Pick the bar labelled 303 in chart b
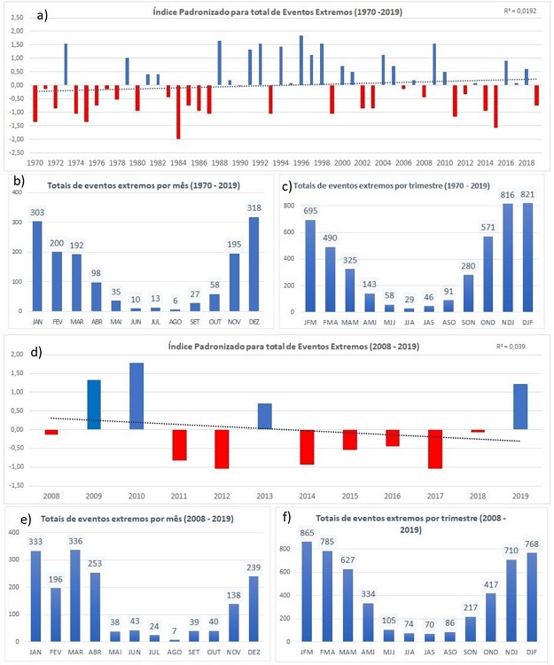coord(38,266)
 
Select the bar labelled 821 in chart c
coord(526,257)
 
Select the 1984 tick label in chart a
coord(178,163)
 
